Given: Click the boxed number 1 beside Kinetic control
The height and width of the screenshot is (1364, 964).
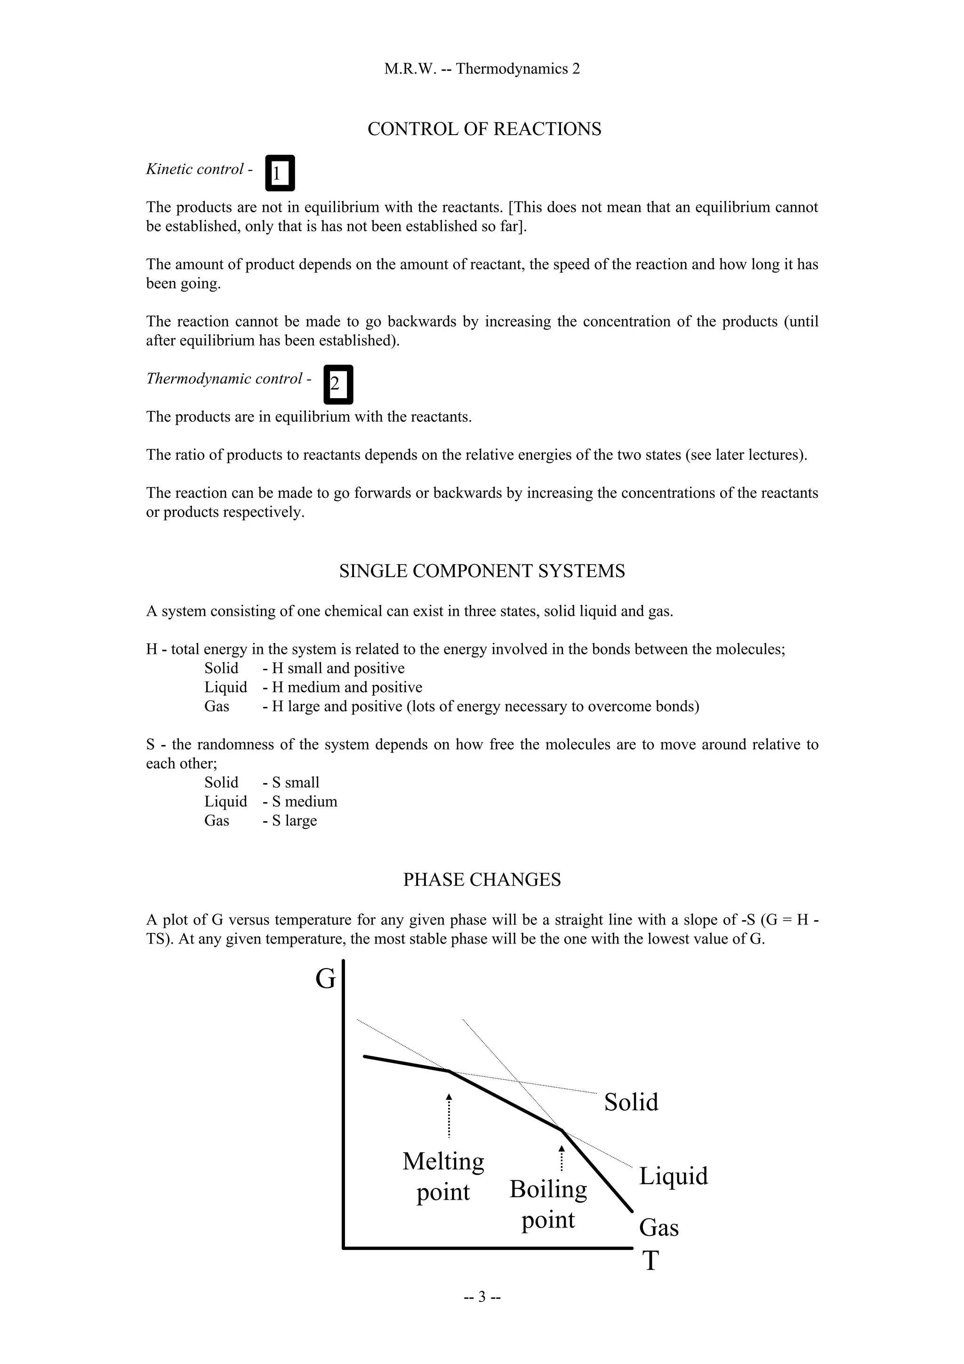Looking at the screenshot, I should (280, 174).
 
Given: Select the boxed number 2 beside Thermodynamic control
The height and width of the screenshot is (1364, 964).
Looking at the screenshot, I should (338, 385).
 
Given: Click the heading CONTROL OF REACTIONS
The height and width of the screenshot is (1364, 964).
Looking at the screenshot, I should (484, 129).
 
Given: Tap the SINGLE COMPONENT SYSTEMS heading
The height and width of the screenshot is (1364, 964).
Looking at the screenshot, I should (482, 571).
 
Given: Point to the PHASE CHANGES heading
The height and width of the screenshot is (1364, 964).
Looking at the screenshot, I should (482, 880).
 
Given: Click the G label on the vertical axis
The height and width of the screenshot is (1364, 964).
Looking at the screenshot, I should (325, 979).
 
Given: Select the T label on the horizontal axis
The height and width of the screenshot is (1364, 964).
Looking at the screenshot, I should (651, 1260).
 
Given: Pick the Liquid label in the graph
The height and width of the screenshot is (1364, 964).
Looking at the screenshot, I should (673, 1176).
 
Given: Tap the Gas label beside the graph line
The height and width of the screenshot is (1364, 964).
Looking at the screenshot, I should (659, 1228).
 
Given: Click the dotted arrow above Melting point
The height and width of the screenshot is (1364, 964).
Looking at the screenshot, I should (449, 1115).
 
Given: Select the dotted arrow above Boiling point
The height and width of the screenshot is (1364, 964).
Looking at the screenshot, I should (561, 1158).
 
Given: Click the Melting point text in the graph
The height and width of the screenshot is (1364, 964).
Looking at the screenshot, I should (443, 1177).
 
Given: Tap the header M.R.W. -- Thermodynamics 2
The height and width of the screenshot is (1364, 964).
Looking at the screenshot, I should (482, 69).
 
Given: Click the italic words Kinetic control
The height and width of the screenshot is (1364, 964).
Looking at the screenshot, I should (195, 169).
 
